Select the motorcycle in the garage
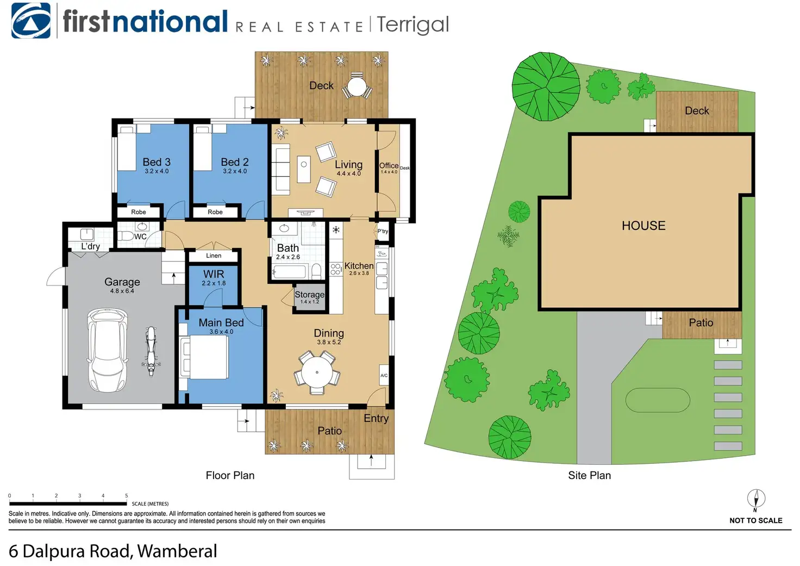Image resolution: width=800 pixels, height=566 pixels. coord(151,351)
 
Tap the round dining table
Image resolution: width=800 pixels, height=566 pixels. coord(317,373)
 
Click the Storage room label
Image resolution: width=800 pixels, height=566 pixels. coord(309,295)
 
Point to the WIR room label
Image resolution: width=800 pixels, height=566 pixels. coord(214,274)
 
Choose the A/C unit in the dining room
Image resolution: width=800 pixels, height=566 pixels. coord(384,376)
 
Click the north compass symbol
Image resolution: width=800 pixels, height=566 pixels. coord(755,499)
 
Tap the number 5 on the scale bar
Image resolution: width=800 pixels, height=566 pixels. coord(127,496)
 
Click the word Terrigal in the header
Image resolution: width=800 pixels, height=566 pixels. coord(412,24)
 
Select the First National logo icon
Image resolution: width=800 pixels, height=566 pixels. coord(31,21)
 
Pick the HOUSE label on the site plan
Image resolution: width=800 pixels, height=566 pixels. coord(643,226)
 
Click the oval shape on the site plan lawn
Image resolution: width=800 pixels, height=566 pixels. coord(658,400)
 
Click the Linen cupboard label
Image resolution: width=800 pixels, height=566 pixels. coord(214,256)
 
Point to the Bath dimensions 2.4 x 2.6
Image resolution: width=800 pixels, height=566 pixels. coord(287,257)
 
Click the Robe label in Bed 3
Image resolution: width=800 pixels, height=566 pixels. coord(139,212)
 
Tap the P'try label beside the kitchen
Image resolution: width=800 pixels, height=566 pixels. coord(383,231)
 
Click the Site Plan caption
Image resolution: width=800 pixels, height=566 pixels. coord(589,476)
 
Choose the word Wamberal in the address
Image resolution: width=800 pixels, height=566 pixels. coord(177,551)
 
